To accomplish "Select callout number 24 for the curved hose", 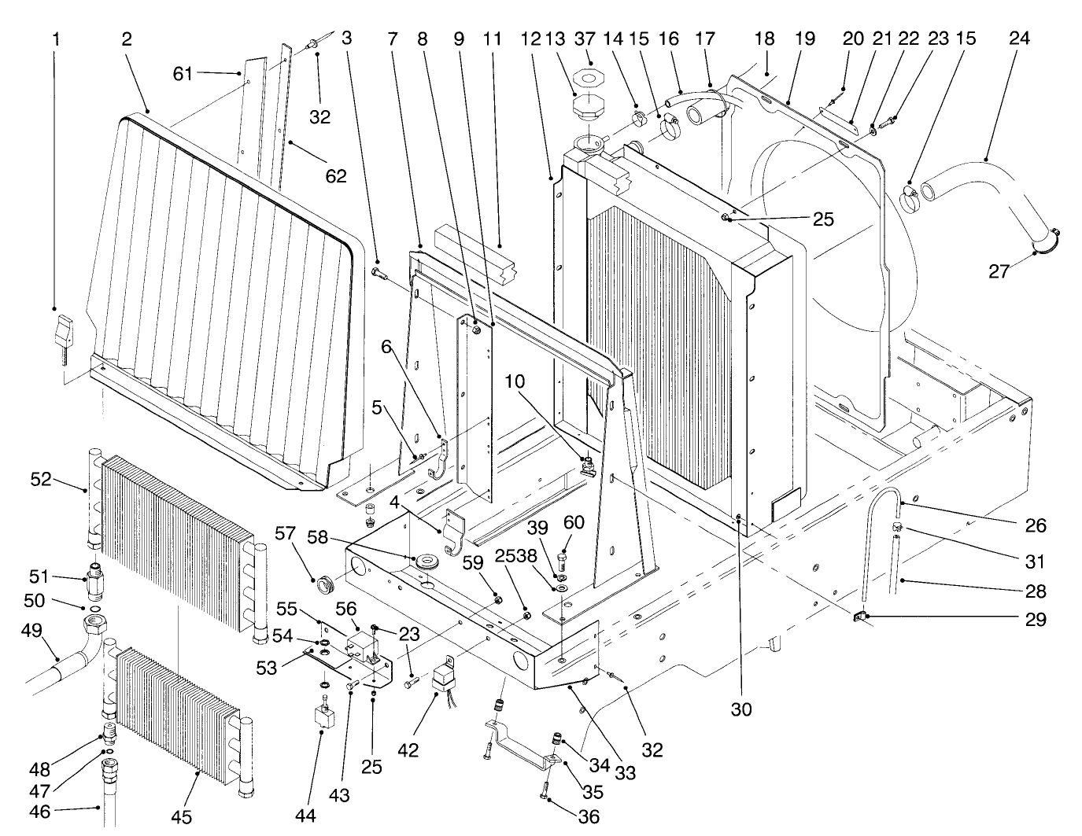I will coord(1019,38).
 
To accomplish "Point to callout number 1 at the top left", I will coord(55,38).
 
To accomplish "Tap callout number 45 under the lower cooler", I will coord(182,817).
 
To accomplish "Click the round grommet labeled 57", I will coord(325,584).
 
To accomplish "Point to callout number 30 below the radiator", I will coord(740,709).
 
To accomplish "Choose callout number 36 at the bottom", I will coord(589,817).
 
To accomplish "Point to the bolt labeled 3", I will coord(378,273).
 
